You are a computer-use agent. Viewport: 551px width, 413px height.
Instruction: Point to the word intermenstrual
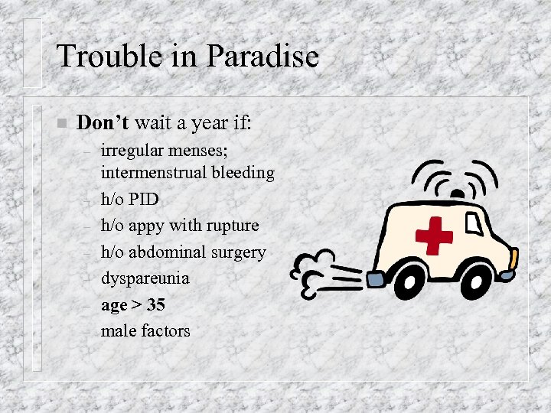[155, 173]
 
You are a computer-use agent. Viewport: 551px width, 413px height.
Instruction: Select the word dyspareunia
[145, 278]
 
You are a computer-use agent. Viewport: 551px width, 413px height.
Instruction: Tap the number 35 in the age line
[155, 304]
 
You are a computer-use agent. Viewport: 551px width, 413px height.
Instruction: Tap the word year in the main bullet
[201, 122]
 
